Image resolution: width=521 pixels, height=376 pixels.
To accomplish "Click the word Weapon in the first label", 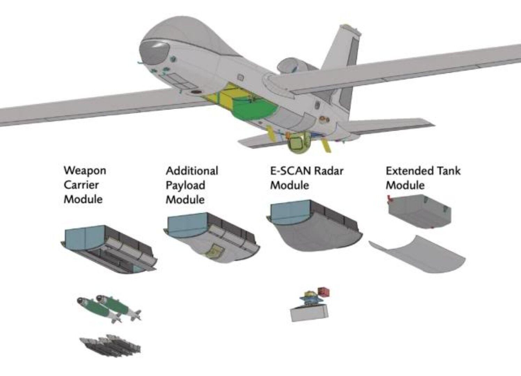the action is pyautogui.click(x=85, y=171).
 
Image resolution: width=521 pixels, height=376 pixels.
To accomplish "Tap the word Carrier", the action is pyautogui.click(x=81, y=185).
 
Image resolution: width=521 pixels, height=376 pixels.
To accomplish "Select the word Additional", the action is pyautogui.click(x=192, y=171).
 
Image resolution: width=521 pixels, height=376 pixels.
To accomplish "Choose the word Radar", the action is pyautogui.click(x=328, y=171).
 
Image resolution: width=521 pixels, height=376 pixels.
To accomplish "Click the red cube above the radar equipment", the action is pyautogui.click(x=324, y=292).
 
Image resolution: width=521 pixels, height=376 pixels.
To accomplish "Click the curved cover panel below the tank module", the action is pyautogui.click(x=417, y=254).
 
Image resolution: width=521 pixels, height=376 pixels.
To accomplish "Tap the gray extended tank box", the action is pyautogui.click(x=420, y=211).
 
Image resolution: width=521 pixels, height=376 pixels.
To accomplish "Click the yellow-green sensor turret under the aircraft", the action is pyautogui.click(x=298, y=143).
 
